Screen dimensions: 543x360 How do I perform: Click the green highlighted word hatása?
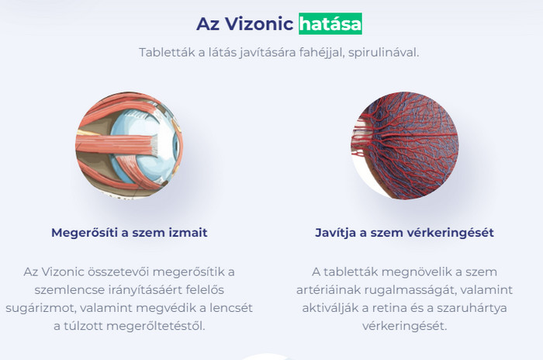330,24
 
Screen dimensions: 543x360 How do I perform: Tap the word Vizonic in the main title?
259,24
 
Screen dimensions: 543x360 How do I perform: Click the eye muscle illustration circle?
129,145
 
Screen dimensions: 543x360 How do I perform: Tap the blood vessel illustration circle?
404,145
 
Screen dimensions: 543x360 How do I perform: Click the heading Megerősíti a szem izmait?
130,232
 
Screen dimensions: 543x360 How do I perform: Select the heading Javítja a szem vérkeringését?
404,232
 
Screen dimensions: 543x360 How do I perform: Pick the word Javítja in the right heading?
336,233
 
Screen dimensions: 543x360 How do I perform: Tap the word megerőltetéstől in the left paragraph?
155,326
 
